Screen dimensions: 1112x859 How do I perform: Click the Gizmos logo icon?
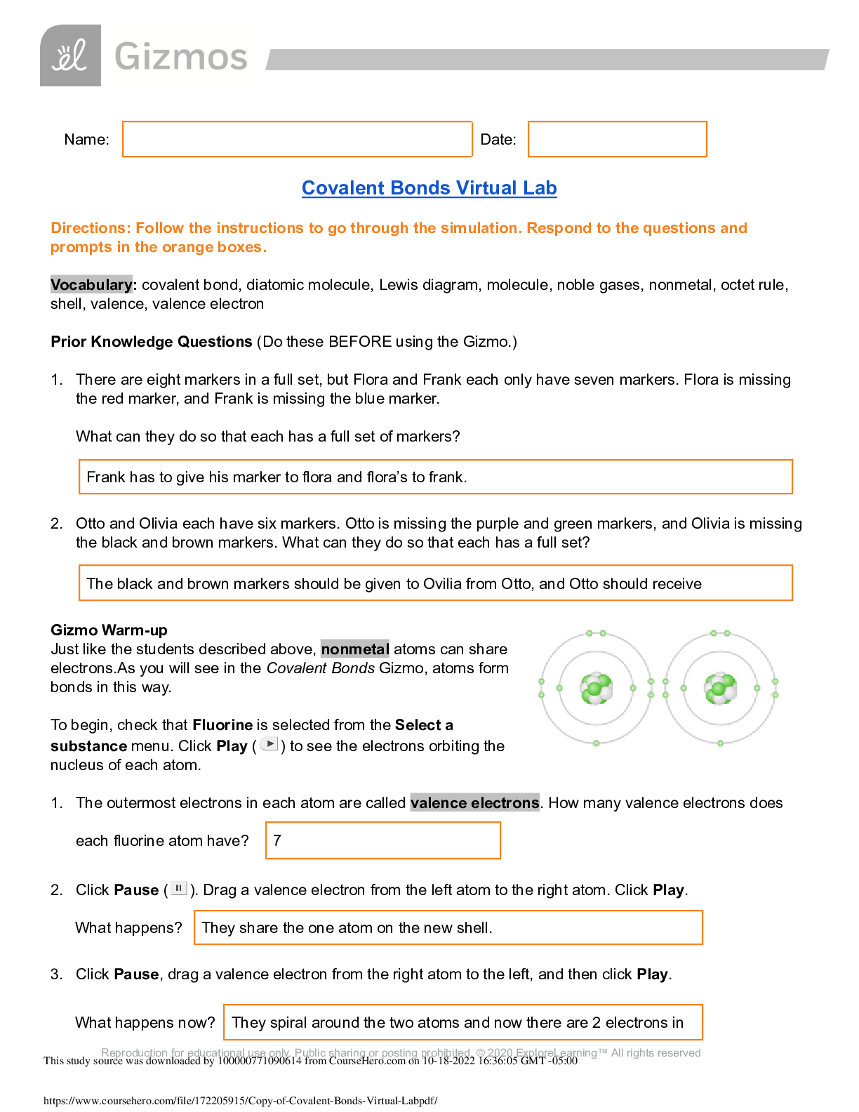[x=70, y=55]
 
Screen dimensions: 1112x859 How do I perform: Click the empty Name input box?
[x=297, y=139]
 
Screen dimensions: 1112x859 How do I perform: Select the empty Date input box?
[x=617, y=139]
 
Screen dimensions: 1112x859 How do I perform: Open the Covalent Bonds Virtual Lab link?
[x=429, y=188]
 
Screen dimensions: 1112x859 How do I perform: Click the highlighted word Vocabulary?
[x=91, y=284]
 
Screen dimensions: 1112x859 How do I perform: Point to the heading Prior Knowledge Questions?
[x=151, y=342]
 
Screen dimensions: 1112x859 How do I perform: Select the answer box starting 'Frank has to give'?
[x=435, y=477]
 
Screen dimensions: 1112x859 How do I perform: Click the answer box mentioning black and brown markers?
[x=435, y=583]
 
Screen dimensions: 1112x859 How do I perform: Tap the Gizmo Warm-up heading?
[x=109, y=630]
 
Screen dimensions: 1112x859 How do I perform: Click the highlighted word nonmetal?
[x=354, y=649]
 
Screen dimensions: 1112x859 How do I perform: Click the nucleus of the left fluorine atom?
[x=596, y=689]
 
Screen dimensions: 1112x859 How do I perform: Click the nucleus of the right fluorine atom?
[x=720, y=689]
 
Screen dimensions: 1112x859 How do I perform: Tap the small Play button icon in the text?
[x=269, y=744]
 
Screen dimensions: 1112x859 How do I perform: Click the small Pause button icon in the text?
[x=178, y=889]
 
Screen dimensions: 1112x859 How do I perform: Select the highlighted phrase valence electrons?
[x=474, y=802]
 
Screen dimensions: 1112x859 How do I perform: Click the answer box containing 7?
[x=382, y=840]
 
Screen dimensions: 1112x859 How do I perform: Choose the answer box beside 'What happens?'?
[x=448, y=927]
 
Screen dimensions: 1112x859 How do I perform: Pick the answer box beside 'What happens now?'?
[x=462, y=1022]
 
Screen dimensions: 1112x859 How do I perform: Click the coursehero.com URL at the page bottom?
[x=240, y=1101]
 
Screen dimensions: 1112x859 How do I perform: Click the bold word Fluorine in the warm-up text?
[x=222, y=724]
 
